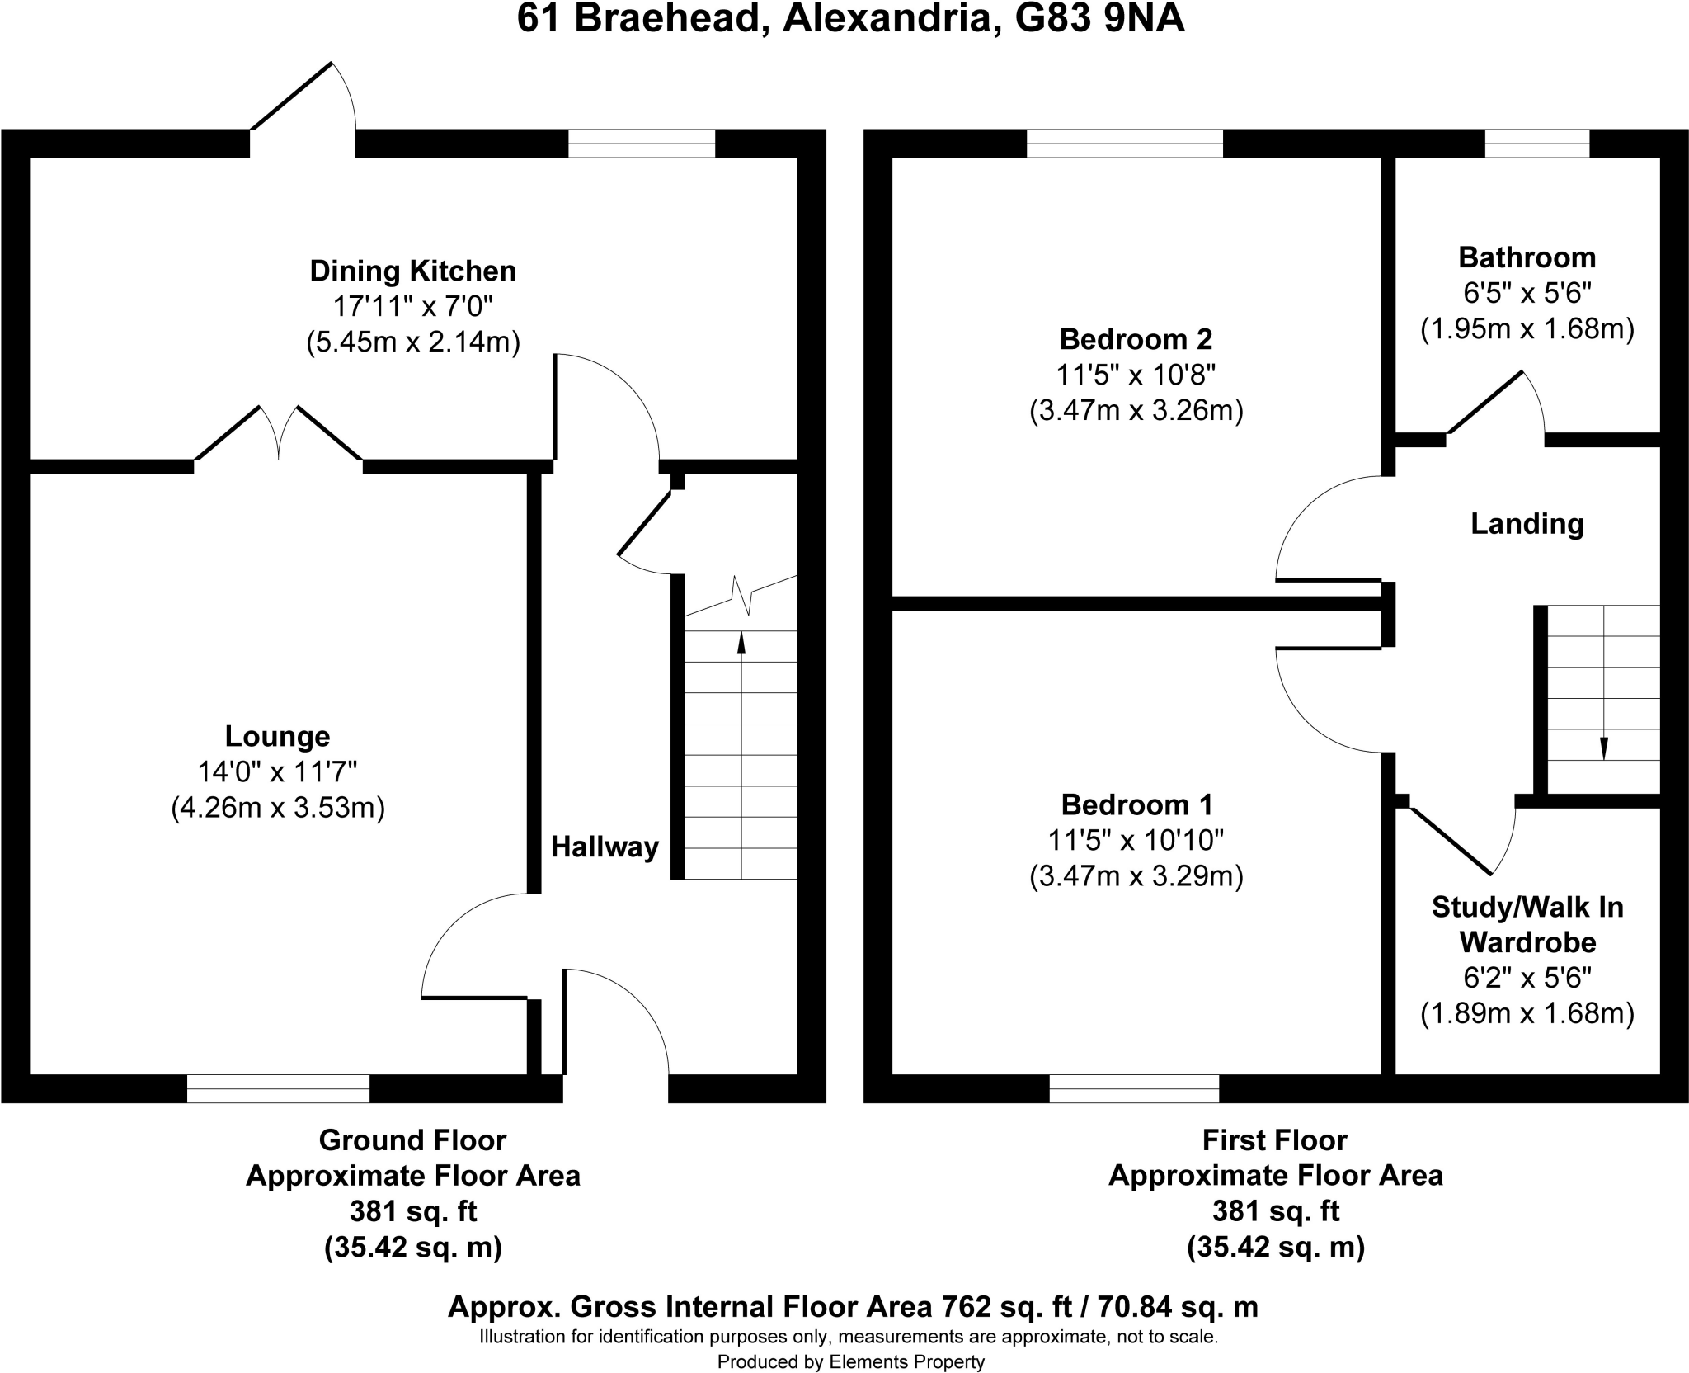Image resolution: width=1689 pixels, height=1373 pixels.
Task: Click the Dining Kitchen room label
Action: [413, 271]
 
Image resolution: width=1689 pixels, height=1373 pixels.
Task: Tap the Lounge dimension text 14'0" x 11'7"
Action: [278, 772]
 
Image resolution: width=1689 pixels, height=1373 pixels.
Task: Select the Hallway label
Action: [605, 847]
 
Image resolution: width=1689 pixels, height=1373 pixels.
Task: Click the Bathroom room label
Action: [1527, 257]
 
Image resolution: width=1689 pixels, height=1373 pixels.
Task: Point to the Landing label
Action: [1527, 524]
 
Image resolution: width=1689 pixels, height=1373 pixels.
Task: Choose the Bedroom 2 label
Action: [1136, 339]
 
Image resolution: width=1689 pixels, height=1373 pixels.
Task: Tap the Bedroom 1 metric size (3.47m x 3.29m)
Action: [1136, 875]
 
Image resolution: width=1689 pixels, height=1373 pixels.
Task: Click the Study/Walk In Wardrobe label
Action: [1527, 924]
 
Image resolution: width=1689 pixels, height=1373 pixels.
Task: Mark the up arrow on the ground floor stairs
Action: [741, 754]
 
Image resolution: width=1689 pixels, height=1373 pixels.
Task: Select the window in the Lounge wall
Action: [278, 1088]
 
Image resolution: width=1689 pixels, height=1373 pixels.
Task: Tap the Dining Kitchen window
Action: [642, 144]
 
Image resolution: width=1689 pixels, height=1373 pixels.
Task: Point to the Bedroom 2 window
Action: [1124, 144]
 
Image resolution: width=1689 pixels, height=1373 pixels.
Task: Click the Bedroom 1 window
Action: [1134, 1088]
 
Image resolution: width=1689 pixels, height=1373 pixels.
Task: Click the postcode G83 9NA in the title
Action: [1099, 19]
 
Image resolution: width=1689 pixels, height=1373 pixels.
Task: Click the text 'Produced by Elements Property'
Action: [851, 1361]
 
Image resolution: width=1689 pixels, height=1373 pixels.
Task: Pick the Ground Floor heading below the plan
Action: [412, 1139]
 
